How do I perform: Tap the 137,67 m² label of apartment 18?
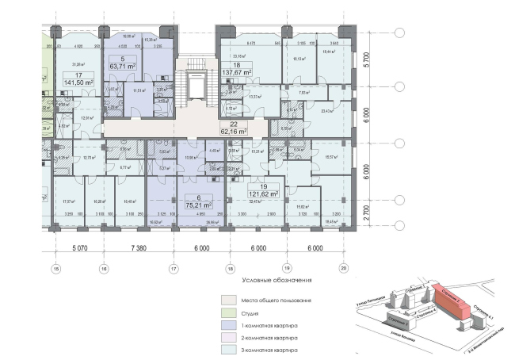point(237,72)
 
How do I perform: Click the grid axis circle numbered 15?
point(55,267)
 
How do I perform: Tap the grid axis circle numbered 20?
point(343,267)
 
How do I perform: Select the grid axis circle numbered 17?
point(173,267)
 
